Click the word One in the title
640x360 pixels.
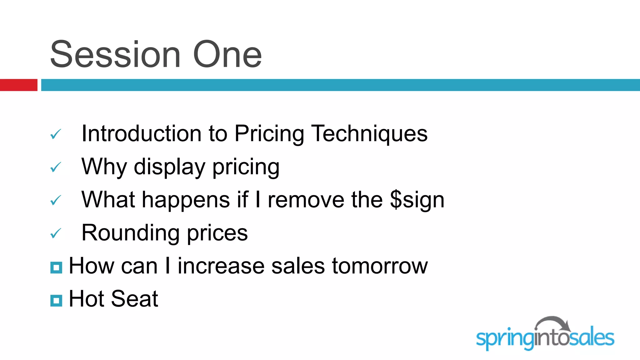point(227,55)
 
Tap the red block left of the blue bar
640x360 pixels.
point(18,85)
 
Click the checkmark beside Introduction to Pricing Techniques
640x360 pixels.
point(56,134)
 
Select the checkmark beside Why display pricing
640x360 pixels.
point(56,167)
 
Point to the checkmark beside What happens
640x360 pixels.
point(56,201)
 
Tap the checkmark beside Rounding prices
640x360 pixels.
point(56,234)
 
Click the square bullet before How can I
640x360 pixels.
point(56,267)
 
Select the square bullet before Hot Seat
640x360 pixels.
point(56,301)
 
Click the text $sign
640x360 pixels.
point(417,200)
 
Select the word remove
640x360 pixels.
point(306,200)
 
